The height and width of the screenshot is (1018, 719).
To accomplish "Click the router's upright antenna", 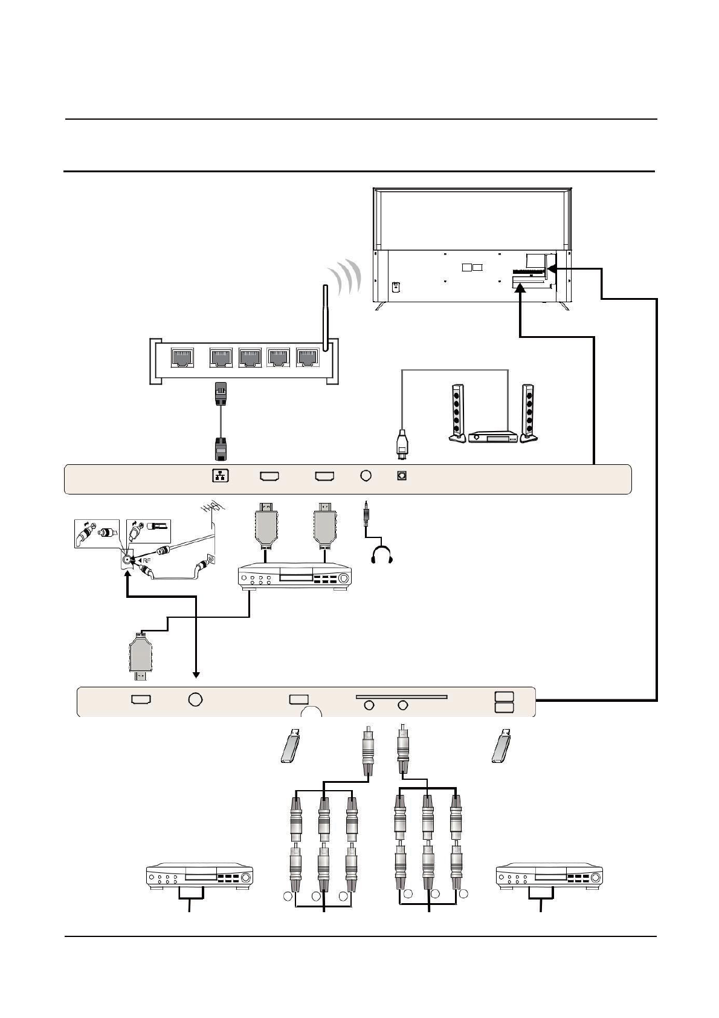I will pyautogui.click(x=325, y=317).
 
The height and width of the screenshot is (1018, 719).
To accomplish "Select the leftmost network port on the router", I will pyautogui.click(x=182, y=358).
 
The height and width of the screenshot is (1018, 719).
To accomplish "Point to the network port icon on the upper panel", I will pyautogui.click(x=221, y=476).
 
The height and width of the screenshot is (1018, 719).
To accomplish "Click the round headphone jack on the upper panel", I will pyautogui.click(x=365, y=476).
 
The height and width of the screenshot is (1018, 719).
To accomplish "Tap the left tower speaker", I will pyautogui.click(x=457, y=413).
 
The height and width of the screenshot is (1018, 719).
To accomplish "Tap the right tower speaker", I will pyautogui.click(x=529, y=413).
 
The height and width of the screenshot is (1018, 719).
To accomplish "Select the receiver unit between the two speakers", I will pyautogui.click(x=493, y=436).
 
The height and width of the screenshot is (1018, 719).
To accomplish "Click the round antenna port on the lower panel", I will pyautogui.click(x=195, y=699).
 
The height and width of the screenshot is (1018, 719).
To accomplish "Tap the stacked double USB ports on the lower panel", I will pyautogui.click(x=504, y=701).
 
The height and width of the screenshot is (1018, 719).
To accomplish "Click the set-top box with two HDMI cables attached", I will pyautogui.click(x=294, y=578).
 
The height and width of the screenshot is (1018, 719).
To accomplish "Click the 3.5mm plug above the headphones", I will pyautogui.click(x=366, y=511).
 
